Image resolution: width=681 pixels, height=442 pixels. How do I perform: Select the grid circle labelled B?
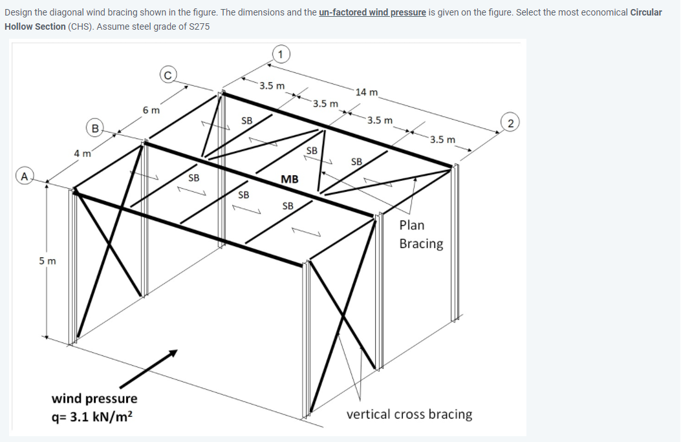pos(95,129)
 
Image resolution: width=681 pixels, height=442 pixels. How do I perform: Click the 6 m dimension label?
pos(151,111)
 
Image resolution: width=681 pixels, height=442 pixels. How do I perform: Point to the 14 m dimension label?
pos(367,92)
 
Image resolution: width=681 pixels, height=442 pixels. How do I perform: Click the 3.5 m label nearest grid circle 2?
pos(443,140)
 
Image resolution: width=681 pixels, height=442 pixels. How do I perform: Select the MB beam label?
pos(290,179)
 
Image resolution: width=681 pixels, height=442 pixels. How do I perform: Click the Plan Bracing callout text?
pos(420,235)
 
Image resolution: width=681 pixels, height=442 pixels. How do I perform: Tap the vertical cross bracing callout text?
pos(409,414)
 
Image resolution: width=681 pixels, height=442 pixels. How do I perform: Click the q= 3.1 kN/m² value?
pos(94,416)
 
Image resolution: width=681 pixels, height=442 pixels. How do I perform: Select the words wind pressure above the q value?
pos(94,398)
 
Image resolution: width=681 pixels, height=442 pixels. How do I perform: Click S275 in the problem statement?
pos(196,26)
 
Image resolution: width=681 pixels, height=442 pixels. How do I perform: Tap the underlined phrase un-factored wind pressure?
pos(372,12)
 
